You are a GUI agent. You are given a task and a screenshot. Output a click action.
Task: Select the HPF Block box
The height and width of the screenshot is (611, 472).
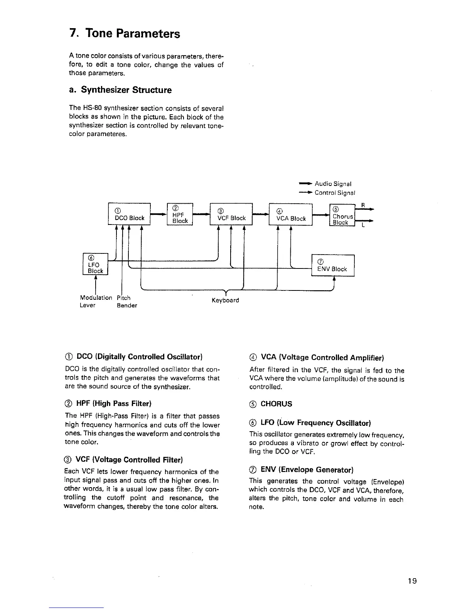[x=180, y=214]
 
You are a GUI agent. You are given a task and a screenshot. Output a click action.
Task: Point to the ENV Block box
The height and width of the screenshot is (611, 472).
[x=332, y=265]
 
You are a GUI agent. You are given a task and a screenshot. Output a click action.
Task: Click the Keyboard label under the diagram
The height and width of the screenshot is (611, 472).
[x=225, y=300]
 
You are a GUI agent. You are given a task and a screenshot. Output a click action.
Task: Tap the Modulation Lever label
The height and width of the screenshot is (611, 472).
[x=96, y=302]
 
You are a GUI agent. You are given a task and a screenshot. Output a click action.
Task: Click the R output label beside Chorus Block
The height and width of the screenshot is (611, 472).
[x=362, y=204]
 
